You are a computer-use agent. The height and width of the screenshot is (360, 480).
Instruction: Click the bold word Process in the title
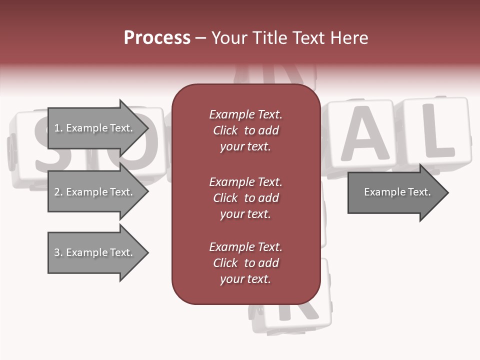click(x=157, y=38)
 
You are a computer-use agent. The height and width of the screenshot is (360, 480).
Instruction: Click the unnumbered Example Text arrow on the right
click(x=397, y=192)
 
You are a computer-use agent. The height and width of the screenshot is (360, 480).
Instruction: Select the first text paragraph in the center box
click(x=245, y=130)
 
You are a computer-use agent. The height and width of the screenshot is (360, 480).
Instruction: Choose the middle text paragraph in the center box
click(x=245, y=198)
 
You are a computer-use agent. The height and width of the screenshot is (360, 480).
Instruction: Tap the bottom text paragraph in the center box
click(x=245, y=263)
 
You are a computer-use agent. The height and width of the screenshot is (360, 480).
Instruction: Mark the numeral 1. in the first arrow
click(x=58, y=128)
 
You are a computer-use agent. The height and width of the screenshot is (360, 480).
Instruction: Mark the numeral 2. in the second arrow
click(x=58, y=192)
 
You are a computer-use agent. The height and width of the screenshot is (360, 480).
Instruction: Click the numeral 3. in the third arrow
click(x=58, y=252)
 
